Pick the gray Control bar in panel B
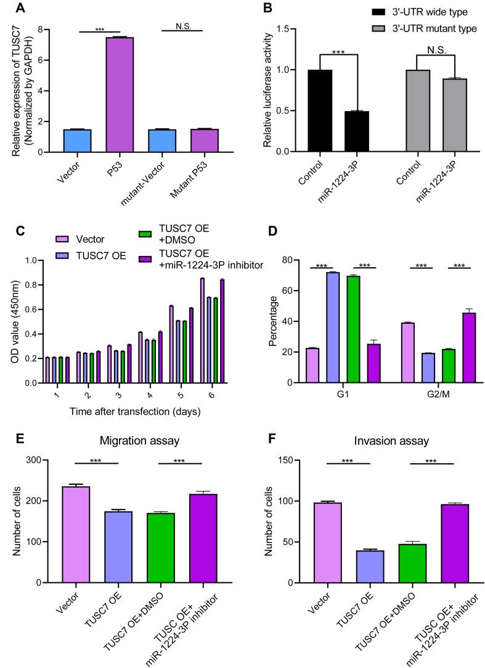point(402,111)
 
